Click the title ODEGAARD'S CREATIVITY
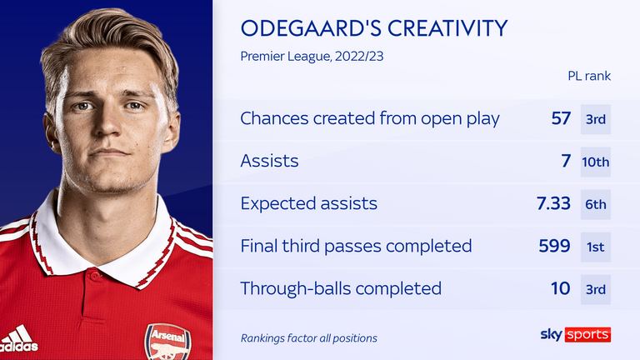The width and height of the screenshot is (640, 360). tap(373, 29)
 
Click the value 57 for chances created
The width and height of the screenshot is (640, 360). tap(561, 118)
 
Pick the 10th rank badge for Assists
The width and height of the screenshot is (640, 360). tap(596, 162)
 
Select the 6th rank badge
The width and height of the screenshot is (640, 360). tap(596, 204)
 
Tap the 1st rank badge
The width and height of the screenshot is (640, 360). tap(596, 246)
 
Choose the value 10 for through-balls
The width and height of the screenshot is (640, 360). tap(561, 288)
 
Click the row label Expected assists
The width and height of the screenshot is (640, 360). tap(308, 204)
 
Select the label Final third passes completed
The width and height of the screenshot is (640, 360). tap(356, 246)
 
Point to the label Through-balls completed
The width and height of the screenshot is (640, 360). tap(341, 288)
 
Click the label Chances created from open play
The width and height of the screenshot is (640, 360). tap(370, 118)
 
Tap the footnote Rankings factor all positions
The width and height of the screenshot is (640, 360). tap(309, 337)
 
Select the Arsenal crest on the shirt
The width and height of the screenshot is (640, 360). tap(167, 342)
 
